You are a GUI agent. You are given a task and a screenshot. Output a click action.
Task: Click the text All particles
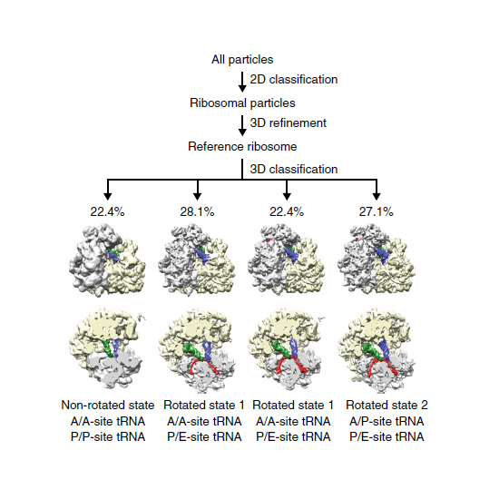tap(242, 60)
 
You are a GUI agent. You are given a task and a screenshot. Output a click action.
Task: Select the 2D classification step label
tap(293, 80)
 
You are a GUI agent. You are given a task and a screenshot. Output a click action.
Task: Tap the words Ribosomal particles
tap(242, 103)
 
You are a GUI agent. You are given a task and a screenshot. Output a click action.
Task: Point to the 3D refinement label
tap(288, 123)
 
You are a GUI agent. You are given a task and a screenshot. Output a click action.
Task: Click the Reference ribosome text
tap(242, 147)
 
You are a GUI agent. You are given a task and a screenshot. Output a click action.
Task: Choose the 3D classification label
tap(293, 170)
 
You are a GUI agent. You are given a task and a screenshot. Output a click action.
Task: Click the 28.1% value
tap(197, 211)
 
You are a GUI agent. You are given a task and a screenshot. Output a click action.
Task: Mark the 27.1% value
tap(377, 211)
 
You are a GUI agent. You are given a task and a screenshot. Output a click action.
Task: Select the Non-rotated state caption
tap(108, 406)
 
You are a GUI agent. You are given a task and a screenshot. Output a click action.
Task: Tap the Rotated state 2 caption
tap(386, 406)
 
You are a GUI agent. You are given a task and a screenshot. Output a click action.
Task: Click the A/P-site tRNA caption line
tap(386, 421)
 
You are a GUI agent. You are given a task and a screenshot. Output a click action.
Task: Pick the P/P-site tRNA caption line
tap(108, 436)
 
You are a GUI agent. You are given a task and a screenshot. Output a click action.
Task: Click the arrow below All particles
tap(242, 82)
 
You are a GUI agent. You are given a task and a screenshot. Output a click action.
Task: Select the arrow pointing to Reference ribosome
tap(242, 125)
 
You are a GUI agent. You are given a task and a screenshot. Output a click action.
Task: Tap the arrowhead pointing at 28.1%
tap(197, 196)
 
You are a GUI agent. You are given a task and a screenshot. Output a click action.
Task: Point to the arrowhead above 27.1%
tap(377, 196)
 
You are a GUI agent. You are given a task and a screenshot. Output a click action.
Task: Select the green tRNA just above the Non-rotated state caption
tap(108, 347)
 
